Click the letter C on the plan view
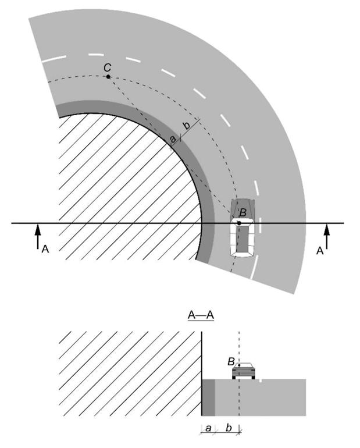pos(107,67)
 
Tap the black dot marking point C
pos(108,77)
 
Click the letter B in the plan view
pos(243,212)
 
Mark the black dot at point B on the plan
pos(239,223)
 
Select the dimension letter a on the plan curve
pos(173,138)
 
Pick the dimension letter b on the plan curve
pos(186,127)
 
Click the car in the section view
pos(244,371)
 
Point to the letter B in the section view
pos(231,361)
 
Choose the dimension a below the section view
pos(208,428)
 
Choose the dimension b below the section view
pos(229,428)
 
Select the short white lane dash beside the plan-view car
pos(255,269)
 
